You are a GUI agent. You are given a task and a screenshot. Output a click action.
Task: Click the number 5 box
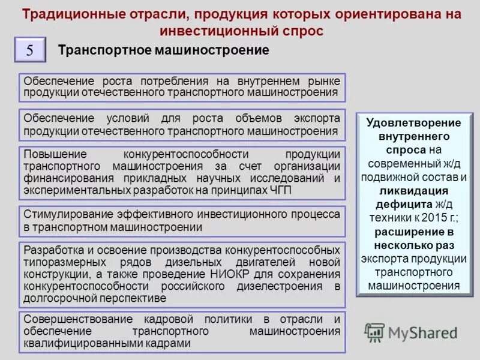pyautogui.click(x=29, y=50)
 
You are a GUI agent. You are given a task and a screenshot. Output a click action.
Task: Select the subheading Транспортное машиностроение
pyautogui.click(x=163, y=50)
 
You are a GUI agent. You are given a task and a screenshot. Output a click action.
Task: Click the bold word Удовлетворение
pyautogui.click(x=413, y=122)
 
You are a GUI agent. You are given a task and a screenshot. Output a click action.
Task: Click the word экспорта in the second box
pyautogui.click(x=317, y=118)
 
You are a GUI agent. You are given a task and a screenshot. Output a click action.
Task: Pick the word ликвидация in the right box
pyautogui.click(x=413, y=191)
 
